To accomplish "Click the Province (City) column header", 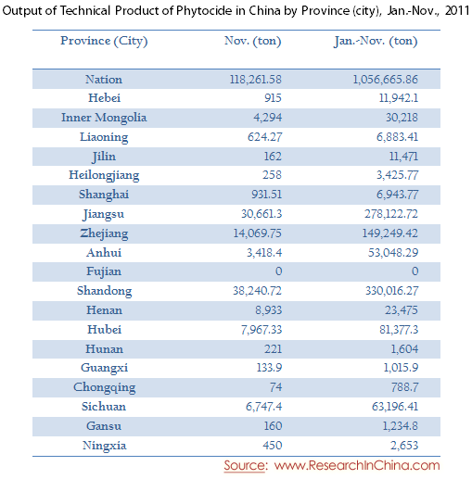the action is [104, 41].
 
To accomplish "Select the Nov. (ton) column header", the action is [253, 41].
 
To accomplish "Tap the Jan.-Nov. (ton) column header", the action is [376, 41].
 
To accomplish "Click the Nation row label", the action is [104, 80].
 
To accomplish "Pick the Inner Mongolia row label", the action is [104, 118].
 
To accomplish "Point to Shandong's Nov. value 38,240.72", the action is [257, 291].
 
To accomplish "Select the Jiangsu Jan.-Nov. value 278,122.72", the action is [391, 214].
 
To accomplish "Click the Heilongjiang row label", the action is [104, 175].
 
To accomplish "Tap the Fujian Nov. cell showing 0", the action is [278, 271].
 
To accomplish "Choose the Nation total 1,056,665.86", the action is [385, 80].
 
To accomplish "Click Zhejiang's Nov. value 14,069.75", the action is [257, 233].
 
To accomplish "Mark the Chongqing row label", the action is [104, 387].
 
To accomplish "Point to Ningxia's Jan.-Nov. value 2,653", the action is [404, 446].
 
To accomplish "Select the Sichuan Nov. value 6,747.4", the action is [263, 407].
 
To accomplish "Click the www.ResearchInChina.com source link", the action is [357, 465].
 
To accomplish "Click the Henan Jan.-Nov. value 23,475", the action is [402, 310].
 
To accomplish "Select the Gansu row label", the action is [104, 426].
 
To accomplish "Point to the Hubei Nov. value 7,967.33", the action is [262, 330].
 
